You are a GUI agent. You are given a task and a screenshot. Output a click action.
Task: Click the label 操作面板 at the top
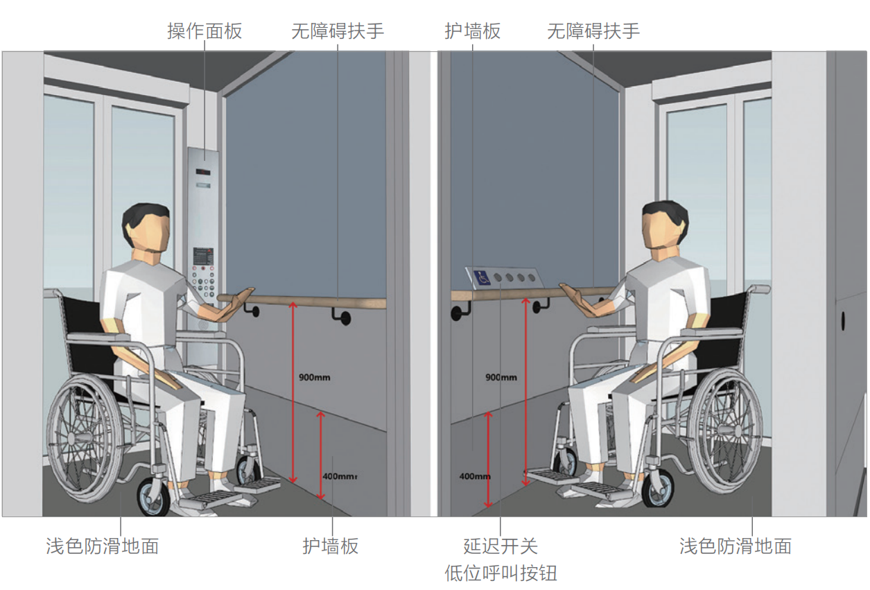click(205, 31)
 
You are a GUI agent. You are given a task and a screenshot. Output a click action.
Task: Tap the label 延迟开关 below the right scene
click(501, 546)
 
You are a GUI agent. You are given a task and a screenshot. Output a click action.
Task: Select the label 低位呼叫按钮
click(501, 573)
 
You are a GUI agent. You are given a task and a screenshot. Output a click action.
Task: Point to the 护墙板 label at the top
click(472, 31)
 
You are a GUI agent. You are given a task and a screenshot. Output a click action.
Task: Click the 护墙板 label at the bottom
click(331, 546)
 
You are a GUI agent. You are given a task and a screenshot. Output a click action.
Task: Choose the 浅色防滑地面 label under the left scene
click(103, 546)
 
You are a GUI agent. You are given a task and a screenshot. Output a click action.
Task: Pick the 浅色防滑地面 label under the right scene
click(736, 546)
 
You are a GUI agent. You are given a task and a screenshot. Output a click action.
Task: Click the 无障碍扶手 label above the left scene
click(338, 31)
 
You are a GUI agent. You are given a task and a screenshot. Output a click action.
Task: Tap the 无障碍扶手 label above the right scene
click(593, 31)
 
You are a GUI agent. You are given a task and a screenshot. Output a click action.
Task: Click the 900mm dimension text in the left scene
click(315, 377)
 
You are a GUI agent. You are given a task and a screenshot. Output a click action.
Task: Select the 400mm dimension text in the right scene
click(475, 476)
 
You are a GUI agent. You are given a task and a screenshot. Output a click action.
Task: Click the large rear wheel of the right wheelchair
click(724, 431)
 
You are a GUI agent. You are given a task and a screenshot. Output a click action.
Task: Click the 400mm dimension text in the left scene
click(340, 476)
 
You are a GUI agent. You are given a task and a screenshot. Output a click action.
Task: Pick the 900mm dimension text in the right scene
click(501, 377)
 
